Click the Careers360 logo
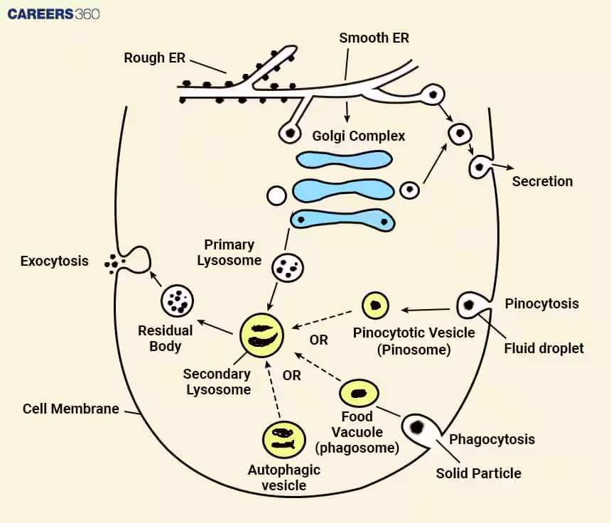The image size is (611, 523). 53,14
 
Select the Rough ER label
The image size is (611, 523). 154,58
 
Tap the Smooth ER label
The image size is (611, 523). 374,38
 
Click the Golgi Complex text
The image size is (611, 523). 359,136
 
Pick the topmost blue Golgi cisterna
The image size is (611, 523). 344,160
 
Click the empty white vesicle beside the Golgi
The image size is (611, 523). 276,195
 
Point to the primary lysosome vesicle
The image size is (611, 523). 288,268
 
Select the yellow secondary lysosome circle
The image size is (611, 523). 261,335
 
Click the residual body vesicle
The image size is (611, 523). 178,301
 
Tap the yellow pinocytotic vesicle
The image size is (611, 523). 375,306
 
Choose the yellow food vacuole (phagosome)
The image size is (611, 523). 359,393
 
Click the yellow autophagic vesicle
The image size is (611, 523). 283,440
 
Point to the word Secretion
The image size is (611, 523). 542,181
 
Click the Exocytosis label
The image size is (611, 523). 54,261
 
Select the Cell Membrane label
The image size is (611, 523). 70,409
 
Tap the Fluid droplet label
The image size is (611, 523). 544,348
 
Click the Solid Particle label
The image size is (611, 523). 479,473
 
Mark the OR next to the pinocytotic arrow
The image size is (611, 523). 319,340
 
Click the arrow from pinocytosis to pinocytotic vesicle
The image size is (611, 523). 425,310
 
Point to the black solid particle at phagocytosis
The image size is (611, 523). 417,427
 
